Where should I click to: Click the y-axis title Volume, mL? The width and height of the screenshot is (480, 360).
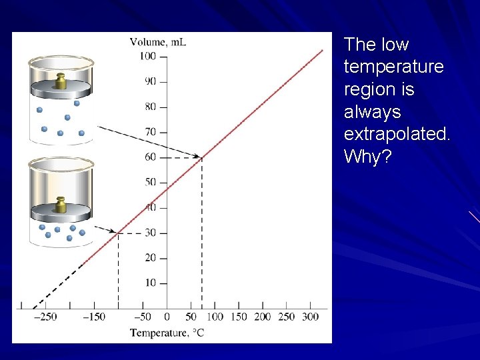158,42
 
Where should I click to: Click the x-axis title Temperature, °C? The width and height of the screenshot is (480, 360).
167,333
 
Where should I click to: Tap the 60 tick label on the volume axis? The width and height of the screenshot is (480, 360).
151,157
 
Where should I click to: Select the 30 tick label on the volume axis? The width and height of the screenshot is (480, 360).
151,233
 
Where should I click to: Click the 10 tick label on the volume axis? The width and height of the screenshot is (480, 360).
151,283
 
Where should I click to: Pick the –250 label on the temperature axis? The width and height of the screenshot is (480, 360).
45,317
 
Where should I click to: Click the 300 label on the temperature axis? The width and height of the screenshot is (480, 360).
310,317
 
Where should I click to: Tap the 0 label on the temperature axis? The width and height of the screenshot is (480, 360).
167,317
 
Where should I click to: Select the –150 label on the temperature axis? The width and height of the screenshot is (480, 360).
93,317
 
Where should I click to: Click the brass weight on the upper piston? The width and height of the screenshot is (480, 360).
60,81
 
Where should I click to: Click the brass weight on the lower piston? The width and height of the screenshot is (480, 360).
60,205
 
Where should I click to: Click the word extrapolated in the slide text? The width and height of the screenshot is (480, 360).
397,135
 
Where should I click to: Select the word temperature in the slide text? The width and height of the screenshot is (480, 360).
393,67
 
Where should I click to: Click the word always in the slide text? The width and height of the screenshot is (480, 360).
372,112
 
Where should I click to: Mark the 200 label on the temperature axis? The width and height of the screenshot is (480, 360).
262,317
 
